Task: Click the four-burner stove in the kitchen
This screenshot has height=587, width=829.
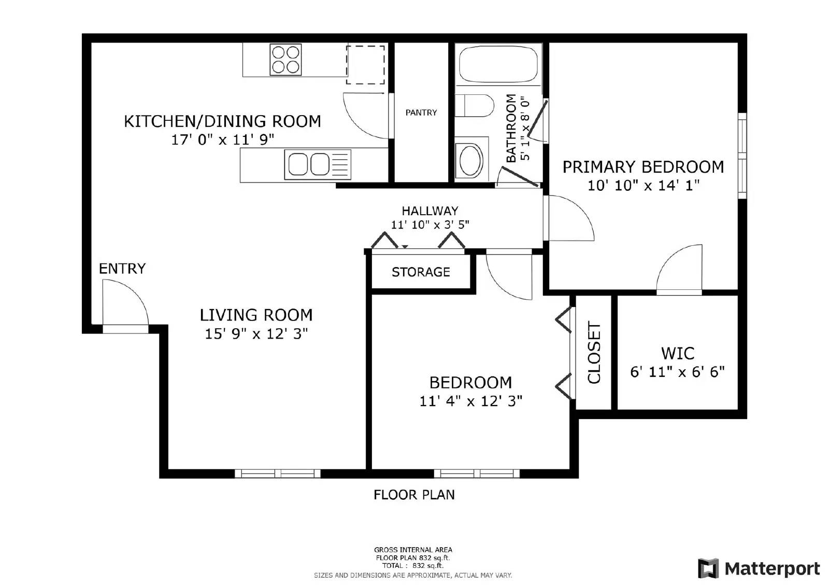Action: [285, 59]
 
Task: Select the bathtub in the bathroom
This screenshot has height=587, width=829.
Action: [498, 64]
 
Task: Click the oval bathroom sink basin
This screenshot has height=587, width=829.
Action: [471, 160]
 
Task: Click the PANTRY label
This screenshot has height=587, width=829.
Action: [421, 113]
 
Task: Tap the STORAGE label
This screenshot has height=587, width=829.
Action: [421, 272]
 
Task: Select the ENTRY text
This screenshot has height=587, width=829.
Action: [122, 269]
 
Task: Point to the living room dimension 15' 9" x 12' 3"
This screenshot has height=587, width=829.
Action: [256, 333]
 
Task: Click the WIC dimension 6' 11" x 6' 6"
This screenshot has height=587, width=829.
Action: [677, 372]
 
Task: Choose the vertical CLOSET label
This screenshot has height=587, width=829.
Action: [594, 353]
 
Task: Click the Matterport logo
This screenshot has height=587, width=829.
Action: [759, 568]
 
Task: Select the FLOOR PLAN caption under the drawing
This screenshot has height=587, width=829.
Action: [414, 495]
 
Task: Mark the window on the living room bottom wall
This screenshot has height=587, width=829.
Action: [278, 473]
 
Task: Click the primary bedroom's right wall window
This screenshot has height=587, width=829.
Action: [742, 156]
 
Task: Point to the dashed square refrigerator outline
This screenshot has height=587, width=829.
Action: [365, 65]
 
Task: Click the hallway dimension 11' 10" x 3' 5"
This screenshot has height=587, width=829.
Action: [430, 225]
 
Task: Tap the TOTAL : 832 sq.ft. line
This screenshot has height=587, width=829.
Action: [413, 566]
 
